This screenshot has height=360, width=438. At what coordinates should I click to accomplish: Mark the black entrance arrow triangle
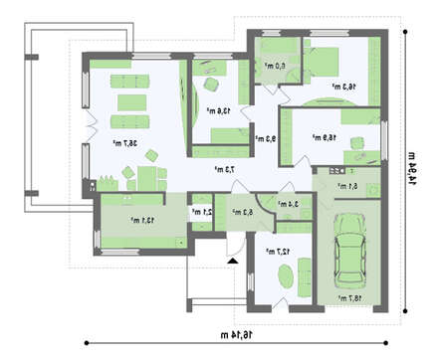[x=232, y=261]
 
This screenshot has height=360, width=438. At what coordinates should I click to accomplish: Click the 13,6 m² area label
[x=218, y=110]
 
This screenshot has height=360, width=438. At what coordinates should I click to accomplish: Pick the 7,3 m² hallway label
[x=224, y=170]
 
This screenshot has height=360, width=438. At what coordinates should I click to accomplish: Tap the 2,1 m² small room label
[x=198, y=211]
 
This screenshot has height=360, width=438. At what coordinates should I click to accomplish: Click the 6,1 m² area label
[x=347, y=185]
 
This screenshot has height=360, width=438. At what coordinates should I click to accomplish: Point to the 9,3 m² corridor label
[x=264, y=139]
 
